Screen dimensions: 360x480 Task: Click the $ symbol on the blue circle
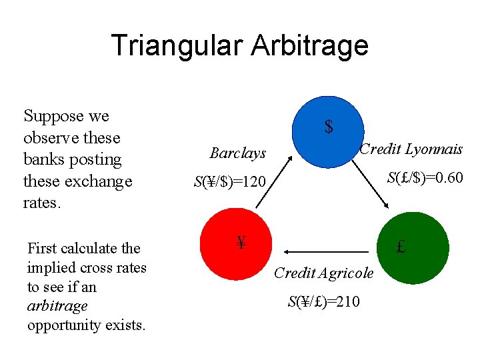pyautogui.click(x=329, y=127)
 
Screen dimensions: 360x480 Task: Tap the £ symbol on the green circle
pyautogui.click(x=401, y=247)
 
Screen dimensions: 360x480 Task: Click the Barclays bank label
pyautogui.click(x=238, y=153)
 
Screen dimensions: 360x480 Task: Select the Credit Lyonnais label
pyautogui.click(x=411, y=149)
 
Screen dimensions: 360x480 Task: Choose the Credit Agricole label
pyautogui.click(x=324, y=273)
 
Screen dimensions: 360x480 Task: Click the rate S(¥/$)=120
pyautogui.click(x=229, y=181)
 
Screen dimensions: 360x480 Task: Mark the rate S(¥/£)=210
pyautogui.click(x=324, y=302)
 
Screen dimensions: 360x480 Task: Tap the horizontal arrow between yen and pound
pyautogui.click(x=327, y=251)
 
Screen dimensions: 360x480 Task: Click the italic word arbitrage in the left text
pyautogui.click(x=57, y=306)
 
